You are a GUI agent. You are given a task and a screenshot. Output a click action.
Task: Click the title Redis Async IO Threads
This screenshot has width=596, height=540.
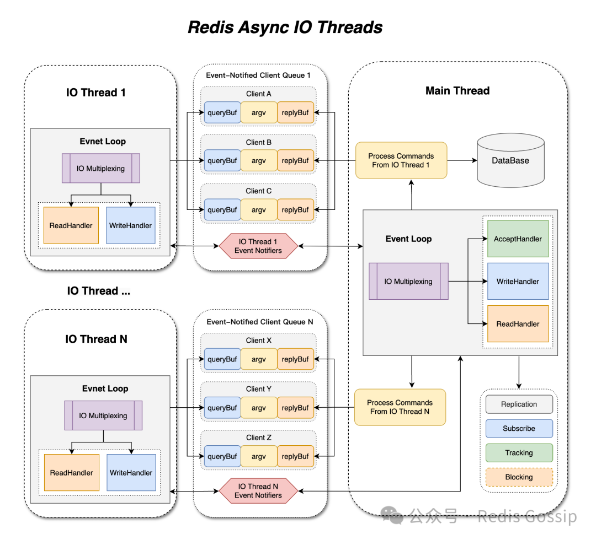pos(285,27)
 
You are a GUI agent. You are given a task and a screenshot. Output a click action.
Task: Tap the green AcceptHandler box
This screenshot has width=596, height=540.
pos(518,239)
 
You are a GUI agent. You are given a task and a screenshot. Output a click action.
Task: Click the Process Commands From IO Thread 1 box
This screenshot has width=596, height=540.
pos(401,160)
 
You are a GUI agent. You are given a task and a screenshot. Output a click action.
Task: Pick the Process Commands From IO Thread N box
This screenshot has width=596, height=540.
pos(400,407)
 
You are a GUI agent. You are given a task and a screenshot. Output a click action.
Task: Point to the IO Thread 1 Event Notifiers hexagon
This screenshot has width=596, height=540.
pos(258,246)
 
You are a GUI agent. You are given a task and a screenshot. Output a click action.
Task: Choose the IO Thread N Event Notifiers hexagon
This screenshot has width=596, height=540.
pos(258,491)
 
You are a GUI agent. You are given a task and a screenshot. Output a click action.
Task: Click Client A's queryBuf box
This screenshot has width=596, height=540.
pos(222,112)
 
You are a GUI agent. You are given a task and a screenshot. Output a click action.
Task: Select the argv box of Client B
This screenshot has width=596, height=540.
pos(259,161)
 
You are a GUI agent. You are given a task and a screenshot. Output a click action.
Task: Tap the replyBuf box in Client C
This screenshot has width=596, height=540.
pos(295,209)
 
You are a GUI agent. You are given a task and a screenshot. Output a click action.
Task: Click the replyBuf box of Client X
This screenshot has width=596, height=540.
pos(295,359)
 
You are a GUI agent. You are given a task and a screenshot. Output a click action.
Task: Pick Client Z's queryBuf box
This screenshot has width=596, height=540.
pos(222,456)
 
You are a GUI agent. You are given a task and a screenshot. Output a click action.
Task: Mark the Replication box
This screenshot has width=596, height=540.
pos(519,404)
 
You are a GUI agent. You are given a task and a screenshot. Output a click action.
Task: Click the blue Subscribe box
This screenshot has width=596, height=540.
pos(519,428)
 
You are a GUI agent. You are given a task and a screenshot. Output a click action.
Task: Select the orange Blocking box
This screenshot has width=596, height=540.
pos(519,477)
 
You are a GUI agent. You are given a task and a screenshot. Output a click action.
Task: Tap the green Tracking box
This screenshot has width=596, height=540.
pos(519,452)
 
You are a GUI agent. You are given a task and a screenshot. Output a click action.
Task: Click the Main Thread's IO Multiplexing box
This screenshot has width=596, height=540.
pos(408,281)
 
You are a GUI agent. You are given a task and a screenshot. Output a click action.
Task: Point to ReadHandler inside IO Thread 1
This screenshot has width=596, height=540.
pos(71,225)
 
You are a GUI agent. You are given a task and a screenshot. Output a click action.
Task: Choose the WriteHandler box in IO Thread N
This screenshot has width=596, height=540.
pos(131,472)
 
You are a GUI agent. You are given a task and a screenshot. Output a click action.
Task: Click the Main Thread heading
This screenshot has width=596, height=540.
pos(457,91)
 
